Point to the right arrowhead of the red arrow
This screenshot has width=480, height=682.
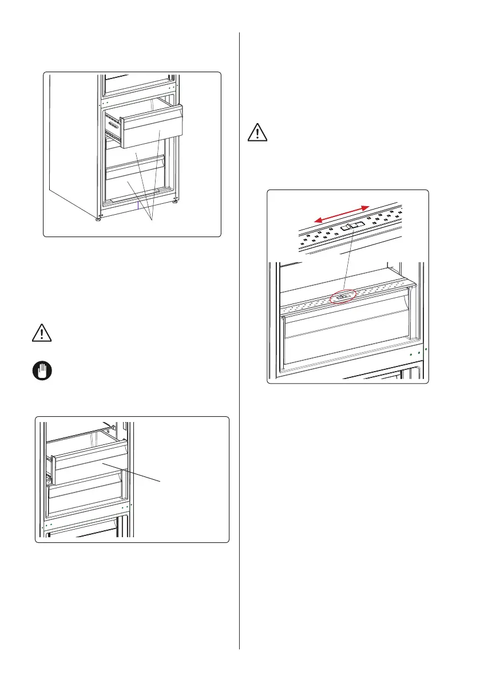point(366,207)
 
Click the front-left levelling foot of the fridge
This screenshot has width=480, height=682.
point(98,218)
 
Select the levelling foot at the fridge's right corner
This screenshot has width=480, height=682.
point(175,201)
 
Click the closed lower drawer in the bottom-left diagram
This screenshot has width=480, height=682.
point(86,496)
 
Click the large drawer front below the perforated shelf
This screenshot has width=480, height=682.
point(343,338)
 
